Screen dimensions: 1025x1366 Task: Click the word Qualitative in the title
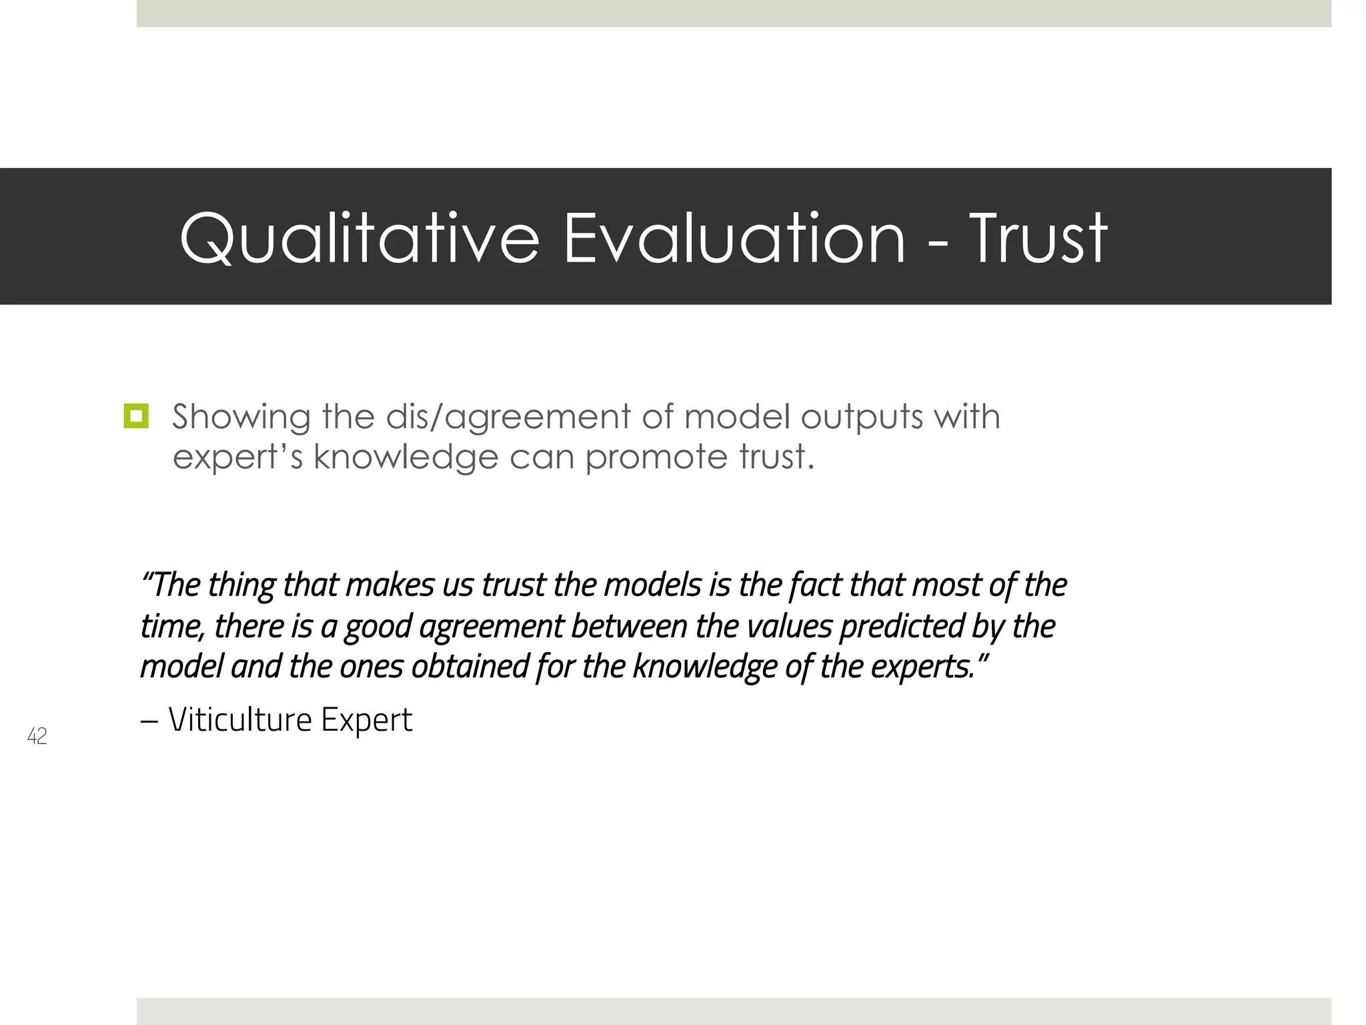[359, 238]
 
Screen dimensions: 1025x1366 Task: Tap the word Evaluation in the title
[734, 238]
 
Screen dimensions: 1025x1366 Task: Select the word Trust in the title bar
[1038, 238]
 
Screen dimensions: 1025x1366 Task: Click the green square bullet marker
[136, 416]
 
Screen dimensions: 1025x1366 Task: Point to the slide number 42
[37, 736]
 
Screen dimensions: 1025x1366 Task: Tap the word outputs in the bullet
[861, 418]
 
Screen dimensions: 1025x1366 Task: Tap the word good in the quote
[378, 627]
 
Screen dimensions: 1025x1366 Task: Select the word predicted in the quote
[901, 627]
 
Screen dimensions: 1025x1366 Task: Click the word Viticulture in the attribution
[239, 719]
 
